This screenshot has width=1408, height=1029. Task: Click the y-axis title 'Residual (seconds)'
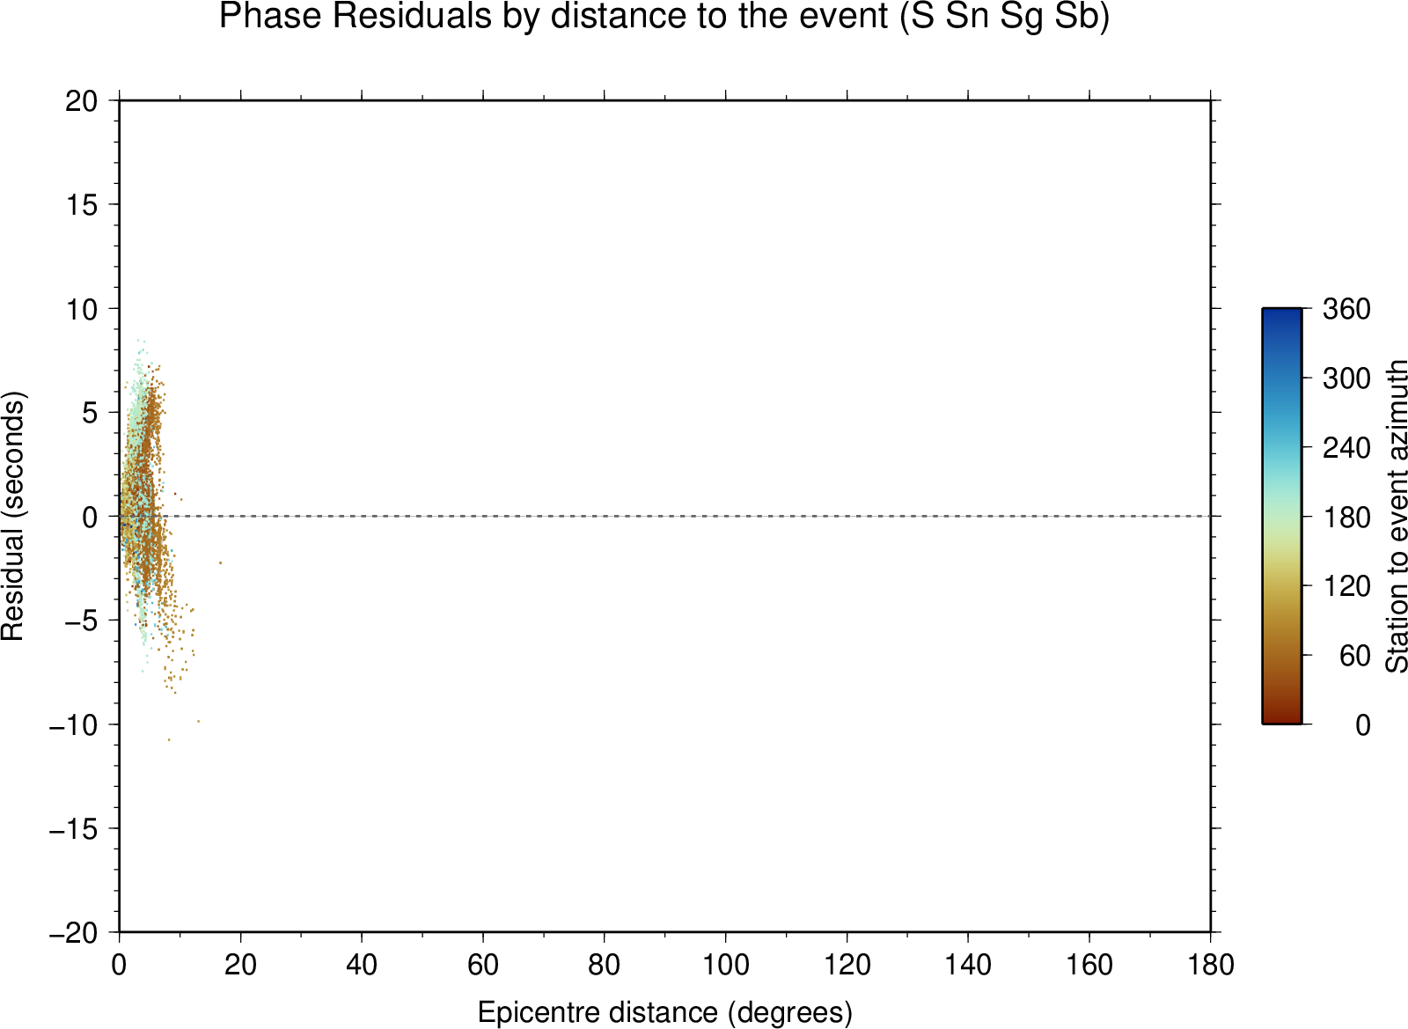(12, 516)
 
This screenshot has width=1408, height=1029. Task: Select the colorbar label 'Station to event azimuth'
(1395, 516)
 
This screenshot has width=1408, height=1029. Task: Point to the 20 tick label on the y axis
(82, 101)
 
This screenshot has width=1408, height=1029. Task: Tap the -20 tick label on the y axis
(74, 933)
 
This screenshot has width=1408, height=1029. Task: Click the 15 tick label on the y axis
(82, 205)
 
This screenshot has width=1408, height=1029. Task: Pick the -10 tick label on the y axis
(74, 724)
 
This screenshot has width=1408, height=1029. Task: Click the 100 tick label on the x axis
(725, 965)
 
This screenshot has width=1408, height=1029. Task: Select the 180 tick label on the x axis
(1211, 965)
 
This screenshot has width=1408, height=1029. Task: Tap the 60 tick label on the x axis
(483, 965)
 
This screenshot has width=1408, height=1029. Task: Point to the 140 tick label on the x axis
(968, 965)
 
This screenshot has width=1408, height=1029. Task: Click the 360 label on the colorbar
(1346, 309)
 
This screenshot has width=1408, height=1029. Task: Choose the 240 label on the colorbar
(1346, 448)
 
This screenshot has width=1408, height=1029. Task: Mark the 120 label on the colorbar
(1346, 586)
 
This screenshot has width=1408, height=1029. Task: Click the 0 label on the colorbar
(1363, 725)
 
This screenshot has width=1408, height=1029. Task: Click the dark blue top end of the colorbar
(1281, 311)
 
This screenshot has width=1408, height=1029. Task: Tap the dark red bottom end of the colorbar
(1281, 720)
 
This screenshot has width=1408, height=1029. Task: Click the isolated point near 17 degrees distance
(220, 562)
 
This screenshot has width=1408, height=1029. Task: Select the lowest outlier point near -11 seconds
(168, 740)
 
